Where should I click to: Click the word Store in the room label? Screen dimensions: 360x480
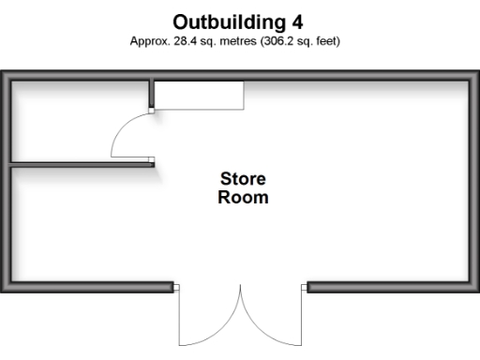pyautogui.click(x=243, y=178)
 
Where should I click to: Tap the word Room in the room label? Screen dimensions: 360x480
pyautogui.click(x=243, y=198)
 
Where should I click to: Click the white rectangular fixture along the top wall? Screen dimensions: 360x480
pyautogui.click(x=199, y=95)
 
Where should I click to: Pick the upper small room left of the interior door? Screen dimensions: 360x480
pyautogui.click(x=80, y=123)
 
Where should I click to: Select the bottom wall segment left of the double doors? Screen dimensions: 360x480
pyautogui.click(x=89, y=288)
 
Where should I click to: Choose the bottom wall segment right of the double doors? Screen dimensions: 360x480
pyautogui.click(x=389, y=288)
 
